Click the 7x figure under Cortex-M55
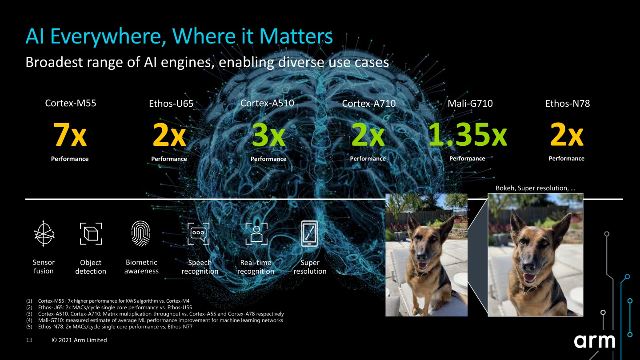click(70, 135)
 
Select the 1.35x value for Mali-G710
click(467, 135)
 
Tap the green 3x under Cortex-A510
click(268, 135)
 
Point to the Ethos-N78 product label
click(567, 104)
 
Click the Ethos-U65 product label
click(171, 104)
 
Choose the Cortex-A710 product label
click(369, 104)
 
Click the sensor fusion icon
click(44, 233)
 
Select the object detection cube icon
click(91, 233)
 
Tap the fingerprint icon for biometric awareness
click(141, 233)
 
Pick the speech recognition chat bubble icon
click(198, 233)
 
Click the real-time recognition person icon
click(256, 233)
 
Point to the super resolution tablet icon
click(310, 233)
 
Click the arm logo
click(594, 341)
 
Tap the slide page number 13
click(29, 340)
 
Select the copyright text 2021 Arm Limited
click(80, 340)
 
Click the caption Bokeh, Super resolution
click(535, 188)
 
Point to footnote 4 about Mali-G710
click(160, 320)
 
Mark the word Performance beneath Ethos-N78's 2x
click(566, 159)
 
